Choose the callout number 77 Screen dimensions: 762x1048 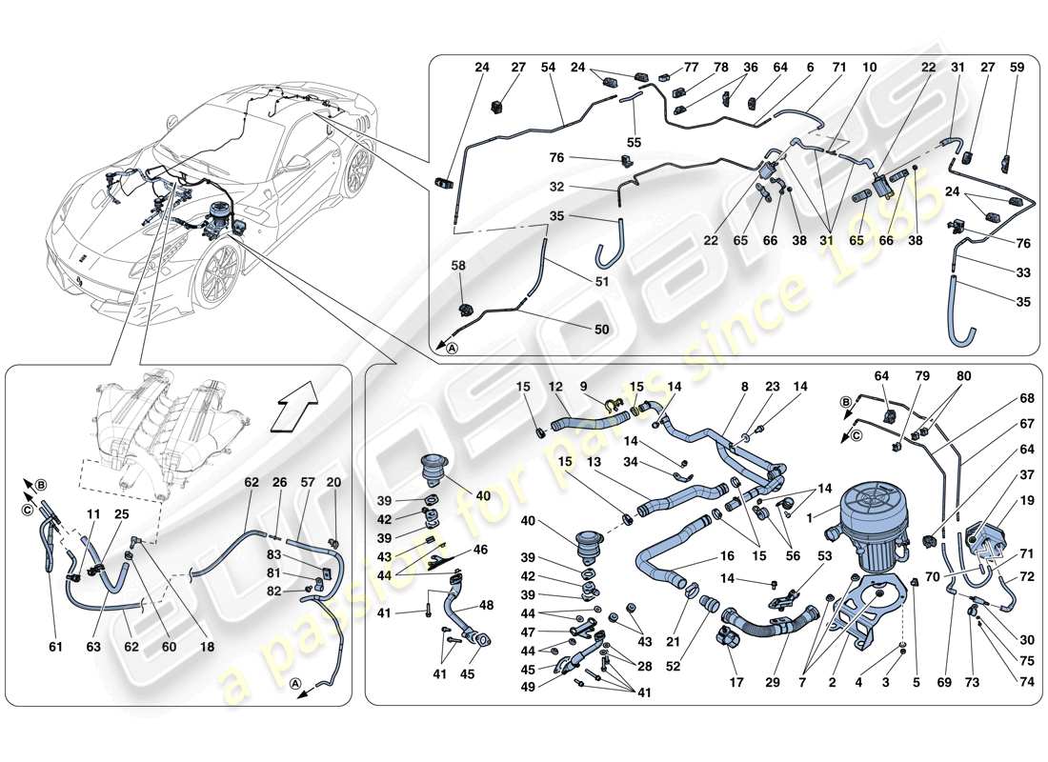click(692, 68)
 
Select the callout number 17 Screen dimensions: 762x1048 click(736, 682)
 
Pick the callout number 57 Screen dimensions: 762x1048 click(307, 484)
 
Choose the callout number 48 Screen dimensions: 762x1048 click(486, 606)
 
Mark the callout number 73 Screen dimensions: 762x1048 click(971, 682)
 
